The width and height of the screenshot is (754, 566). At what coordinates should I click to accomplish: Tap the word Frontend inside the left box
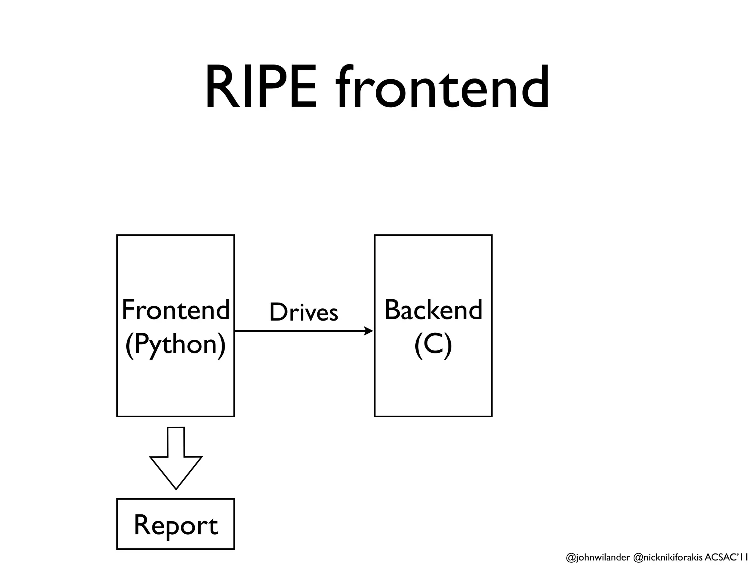click(x=176, y=310)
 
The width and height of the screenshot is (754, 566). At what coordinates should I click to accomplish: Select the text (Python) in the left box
click(x=176, y=345)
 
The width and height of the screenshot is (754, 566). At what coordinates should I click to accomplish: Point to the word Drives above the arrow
click(x=304, y=312)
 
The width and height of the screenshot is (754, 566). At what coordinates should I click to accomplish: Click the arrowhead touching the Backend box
click(x=369, y=331)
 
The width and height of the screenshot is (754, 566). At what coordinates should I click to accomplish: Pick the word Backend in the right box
click(x=433, y=310)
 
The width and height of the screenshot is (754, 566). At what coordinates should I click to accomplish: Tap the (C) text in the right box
click(x=433, y=345)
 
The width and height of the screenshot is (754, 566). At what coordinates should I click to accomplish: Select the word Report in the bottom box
click(x=176, y=525)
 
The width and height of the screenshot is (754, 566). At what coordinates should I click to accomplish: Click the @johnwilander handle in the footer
click(x=598, y=558)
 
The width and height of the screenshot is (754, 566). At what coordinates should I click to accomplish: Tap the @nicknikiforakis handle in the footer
click(x=667, y=558)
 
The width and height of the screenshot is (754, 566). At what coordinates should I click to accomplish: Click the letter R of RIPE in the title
click(x=220, y=87)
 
